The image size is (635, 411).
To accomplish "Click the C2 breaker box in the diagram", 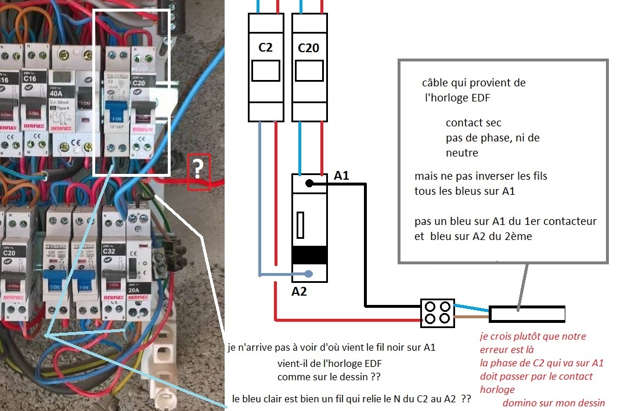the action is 265,67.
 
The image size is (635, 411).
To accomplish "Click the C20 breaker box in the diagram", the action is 308,67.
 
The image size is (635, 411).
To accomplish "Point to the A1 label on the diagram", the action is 342,174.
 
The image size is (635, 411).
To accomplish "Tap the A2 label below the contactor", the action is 299,292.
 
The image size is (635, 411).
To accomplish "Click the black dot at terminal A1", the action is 309,184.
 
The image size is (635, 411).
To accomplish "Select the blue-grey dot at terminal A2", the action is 309,274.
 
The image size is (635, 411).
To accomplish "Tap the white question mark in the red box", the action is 198,170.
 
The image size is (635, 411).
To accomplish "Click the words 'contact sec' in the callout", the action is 473,123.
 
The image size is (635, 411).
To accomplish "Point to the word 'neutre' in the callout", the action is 462,153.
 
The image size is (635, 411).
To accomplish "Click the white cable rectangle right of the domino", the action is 527,314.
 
